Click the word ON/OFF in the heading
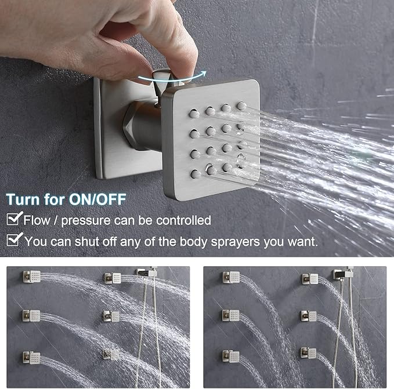[102, 199]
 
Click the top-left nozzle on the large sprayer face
[194, 115]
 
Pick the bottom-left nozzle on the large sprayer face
[196, 173]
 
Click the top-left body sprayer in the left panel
[32, 276]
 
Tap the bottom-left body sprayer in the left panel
[32, 357]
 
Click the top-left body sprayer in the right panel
[231, 277]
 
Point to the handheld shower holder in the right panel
[339, 273]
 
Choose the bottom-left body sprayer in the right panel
[231, 355]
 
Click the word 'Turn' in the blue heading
[24, 199]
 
